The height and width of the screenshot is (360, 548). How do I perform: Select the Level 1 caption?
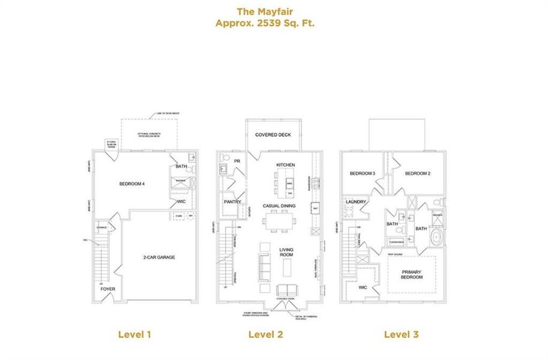pos(134,334)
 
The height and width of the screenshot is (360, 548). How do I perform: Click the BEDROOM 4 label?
pos(132,184)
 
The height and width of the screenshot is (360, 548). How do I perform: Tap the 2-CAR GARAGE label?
pos(159,257)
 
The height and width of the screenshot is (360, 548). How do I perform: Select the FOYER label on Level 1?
pos(108,289)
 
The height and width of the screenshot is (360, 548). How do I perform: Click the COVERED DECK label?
pos(273,135)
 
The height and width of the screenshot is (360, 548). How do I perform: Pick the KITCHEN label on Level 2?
pos(286,164)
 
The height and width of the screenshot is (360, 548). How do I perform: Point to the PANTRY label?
pos(232,202)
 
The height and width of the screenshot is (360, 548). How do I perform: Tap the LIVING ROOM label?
pos(286,252)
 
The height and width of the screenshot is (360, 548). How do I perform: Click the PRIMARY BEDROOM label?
pos(411,275)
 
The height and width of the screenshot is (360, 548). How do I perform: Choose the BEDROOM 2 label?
pos(418,173)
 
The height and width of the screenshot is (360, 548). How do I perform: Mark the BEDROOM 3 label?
pos(362,173)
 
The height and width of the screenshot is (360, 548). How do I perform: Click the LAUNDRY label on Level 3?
pos(356,202)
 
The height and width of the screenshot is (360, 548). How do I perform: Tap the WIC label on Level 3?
pos(363,287)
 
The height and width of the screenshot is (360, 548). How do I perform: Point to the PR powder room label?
pos(237,161)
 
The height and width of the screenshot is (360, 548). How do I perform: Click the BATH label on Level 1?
pos(181,166)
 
